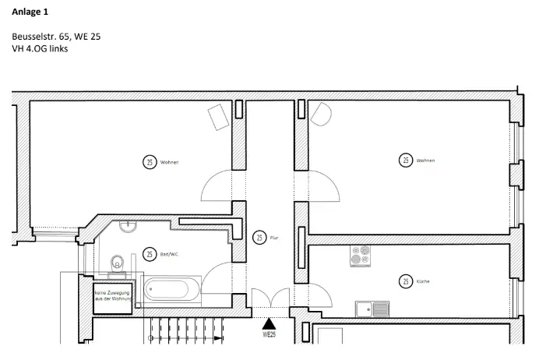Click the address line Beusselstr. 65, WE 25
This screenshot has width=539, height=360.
tap(56, 37)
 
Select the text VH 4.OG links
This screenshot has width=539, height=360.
tap(41, 48)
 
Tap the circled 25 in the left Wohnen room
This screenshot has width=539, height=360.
tap(150, 162)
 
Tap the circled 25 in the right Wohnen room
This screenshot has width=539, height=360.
tap(406, 161)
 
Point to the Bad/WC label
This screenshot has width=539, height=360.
tap(169, 254)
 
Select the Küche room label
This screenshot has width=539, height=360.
tap(423, 281)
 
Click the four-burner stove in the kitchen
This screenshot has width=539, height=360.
tap(360, 256)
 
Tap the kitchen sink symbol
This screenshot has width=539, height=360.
tap(372, 309)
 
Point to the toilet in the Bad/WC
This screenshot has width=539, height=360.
tap(118, 263)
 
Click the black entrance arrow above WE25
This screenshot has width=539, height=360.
tap(269, 322)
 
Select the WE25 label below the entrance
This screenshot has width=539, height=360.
tap(269, 336)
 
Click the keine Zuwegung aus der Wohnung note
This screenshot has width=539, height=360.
tap(114, 295)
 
